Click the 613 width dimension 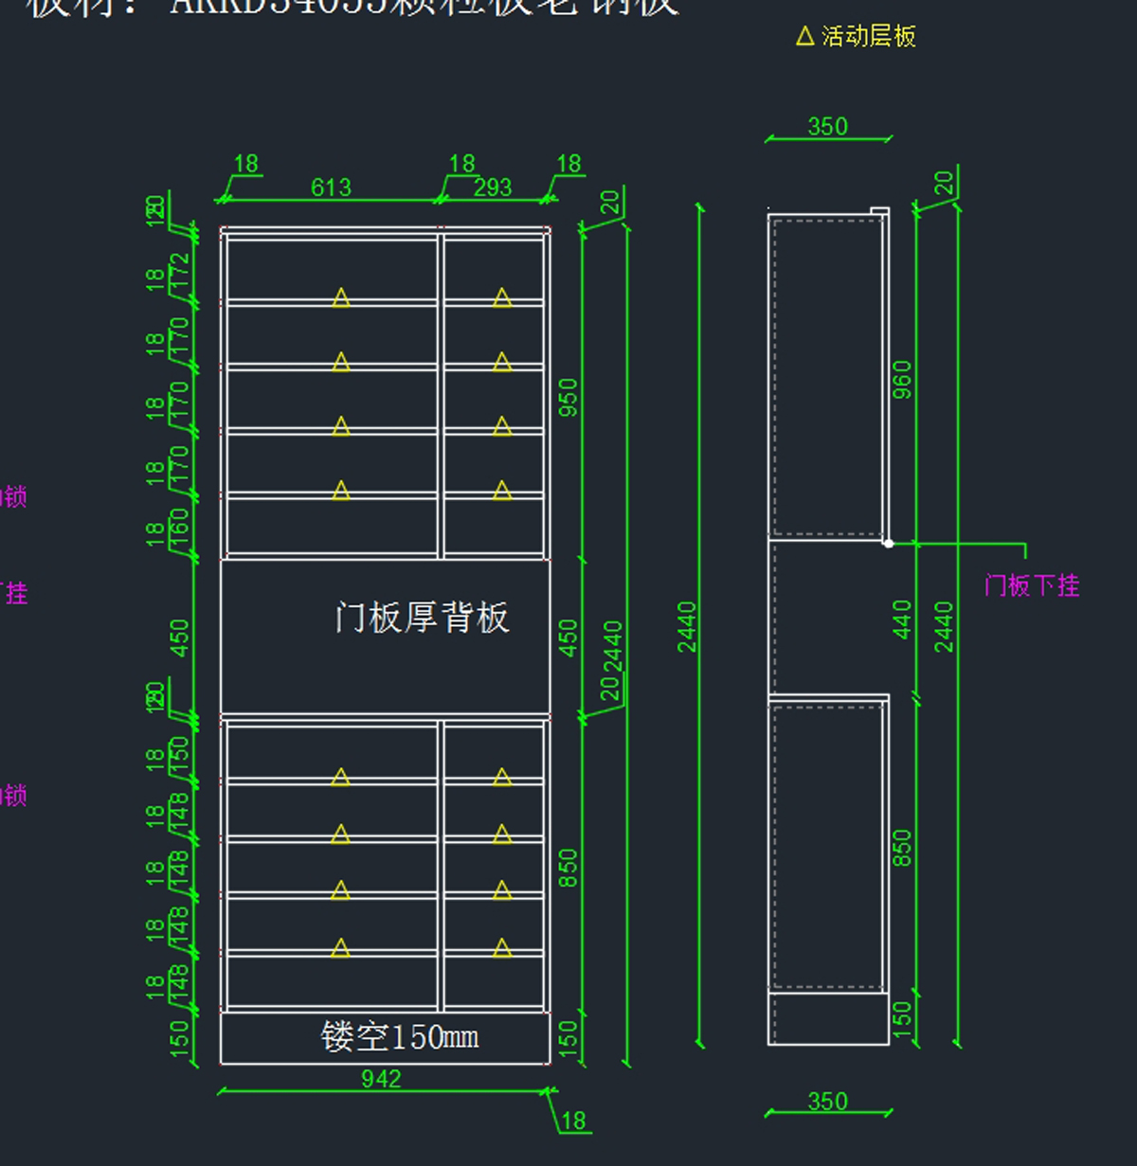[x=331, y=188]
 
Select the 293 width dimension [x=493, y=188]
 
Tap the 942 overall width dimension [x=381, y=1079]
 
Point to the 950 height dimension [x=568, y=397]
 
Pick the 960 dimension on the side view [x=902, y=379]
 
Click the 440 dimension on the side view [x=902, y=619]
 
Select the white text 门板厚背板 [x=422, y=618]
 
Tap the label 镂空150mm [x=399, y=1037]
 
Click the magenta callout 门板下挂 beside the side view [x=1032, y=585]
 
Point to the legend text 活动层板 [x=868, y=37]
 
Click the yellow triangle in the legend [x=805, y=37]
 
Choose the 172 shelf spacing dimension [x=179, y=273]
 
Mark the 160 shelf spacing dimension [x=179, y=529]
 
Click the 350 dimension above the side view [x=827, y=127]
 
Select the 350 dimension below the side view [x=827, y=1102]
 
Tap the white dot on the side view [x=888, y=543]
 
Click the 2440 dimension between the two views [x=687, y=626]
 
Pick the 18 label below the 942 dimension [x=573, y=1121]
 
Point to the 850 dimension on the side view [x=902, y=848]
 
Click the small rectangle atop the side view [x=879, y=212]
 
